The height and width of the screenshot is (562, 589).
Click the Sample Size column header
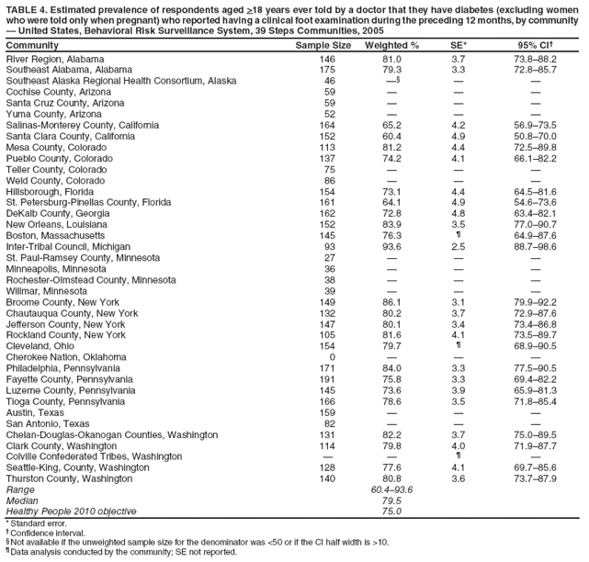pos(323,45)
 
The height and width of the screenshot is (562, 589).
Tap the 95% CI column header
pos(535,45)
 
